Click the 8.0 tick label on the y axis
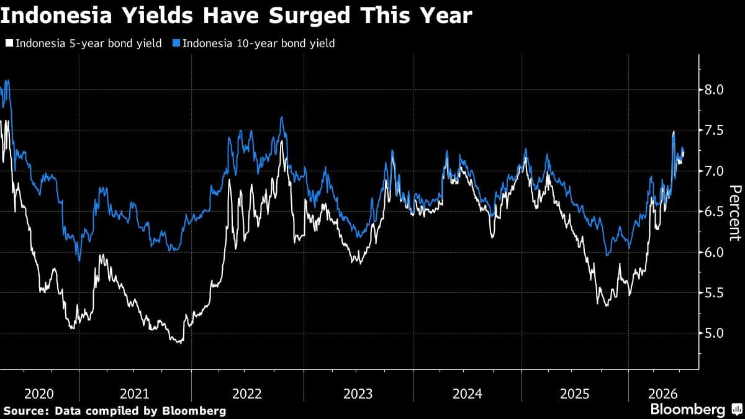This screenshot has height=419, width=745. [714, 90]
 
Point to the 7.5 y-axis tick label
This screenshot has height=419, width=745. [714, 130]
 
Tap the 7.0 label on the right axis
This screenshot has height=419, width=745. [714, 171]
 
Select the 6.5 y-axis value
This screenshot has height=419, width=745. [714, 212]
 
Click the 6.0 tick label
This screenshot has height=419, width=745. [714, 253]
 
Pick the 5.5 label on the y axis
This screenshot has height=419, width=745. [714, 293]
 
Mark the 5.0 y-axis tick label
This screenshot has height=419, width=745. [714, 333]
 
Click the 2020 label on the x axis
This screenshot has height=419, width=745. [39, 394]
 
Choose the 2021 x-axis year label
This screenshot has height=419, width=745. [134, 394]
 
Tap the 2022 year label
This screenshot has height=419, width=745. [247, 394]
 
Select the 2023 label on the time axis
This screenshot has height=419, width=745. [358, 394]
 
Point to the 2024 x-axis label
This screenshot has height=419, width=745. [467, 394]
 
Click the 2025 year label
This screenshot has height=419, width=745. [575, 394]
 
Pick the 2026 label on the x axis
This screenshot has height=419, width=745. [663, 394]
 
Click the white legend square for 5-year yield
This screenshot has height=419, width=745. [9, 43]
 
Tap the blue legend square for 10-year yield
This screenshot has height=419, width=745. [176, 43]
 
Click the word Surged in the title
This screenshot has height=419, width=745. [309, 16]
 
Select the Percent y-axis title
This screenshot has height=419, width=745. [735, 213]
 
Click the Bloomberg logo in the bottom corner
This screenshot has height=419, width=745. [697, 409]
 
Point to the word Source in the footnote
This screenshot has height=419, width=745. [27, 411]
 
